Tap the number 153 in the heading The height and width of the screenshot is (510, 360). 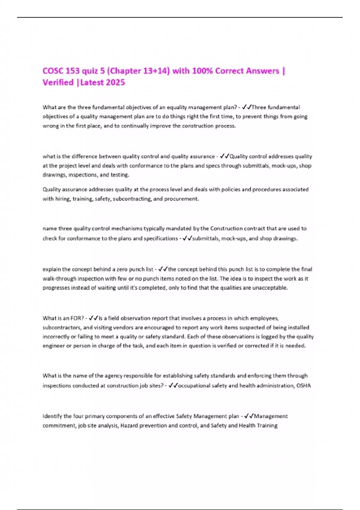coord(73,71)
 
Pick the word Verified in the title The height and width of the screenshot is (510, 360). coord(58,82)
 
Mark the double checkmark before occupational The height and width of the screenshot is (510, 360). coord(173,385)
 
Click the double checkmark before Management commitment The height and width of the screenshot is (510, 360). coord(249,416)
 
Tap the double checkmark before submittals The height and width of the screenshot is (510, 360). coord(187,238)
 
